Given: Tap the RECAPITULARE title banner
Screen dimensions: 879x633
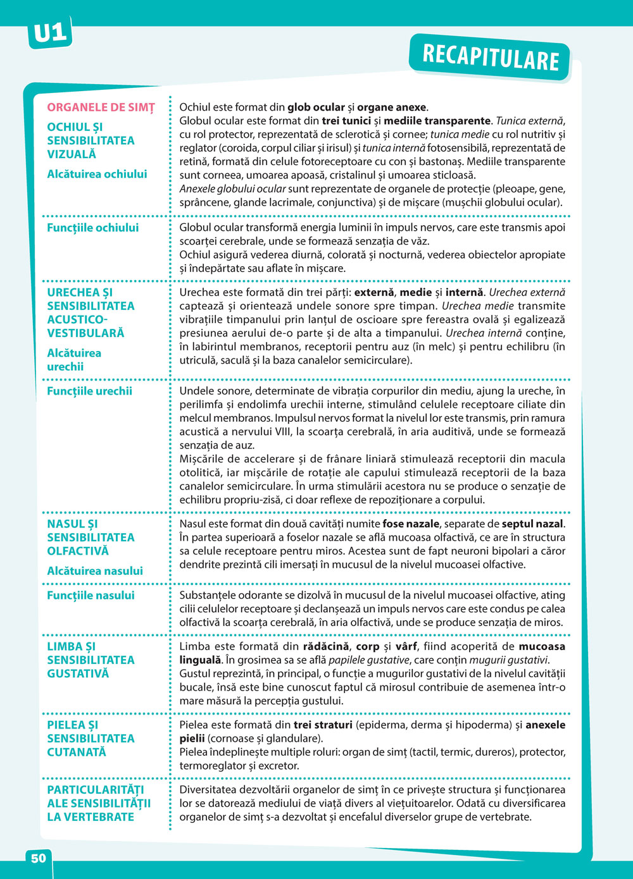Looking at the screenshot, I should point(491,57).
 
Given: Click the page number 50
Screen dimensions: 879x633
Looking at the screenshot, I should point(39,858).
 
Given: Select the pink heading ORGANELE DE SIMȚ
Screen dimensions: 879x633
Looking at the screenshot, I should point(101,108).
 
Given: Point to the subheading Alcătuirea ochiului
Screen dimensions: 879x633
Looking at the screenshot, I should point(97,174).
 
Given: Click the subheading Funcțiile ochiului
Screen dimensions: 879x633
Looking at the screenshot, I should point(92,228).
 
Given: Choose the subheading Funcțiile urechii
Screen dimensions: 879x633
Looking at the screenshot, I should point(89,391).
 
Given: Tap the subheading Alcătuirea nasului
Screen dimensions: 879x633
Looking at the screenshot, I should point(95,571).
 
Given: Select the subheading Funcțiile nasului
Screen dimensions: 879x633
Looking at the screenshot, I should point(91,595).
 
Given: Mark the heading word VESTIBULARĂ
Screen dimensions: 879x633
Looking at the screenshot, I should point(85,333).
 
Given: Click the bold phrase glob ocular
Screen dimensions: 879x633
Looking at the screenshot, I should point(316,108).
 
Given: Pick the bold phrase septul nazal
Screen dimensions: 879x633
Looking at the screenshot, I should point(532,524).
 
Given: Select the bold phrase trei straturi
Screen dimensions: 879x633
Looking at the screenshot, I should point(323,725).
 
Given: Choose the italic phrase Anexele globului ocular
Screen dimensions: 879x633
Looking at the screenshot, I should point(232,189).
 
